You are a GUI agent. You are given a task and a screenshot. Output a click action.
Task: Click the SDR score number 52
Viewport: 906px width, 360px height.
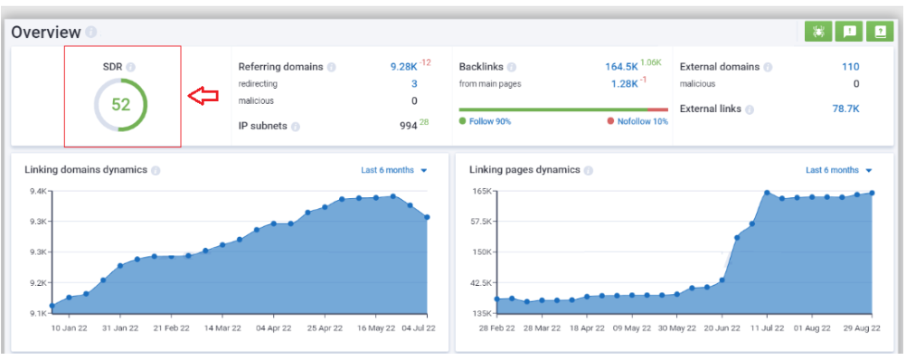(x=121, y=104)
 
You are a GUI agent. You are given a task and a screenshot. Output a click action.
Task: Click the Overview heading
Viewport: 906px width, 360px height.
(x=46, y=32)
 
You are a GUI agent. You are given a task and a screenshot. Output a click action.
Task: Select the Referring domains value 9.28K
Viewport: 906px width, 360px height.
(x=403, y=67)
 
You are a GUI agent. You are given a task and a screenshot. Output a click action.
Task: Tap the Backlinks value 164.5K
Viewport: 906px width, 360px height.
(x=620, y=67)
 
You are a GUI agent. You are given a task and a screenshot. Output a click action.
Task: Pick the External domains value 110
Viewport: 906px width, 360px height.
(x=849, y=67)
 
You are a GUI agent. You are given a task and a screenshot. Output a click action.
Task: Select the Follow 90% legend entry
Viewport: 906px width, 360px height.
(x=485, y=121)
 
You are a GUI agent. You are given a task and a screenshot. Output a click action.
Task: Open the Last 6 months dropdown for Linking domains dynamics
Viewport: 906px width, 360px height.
(x=393, y=170)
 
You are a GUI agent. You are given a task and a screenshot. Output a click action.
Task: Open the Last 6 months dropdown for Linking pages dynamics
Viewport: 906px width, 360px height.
(x=838, y=170)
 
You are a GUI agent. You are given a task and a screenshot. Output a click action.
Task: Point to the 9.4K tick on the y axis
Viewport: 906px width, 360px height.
(x=38, y=191)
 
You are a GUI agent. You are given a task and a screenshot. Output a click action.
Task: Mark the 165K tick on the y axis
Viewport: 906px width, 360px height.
(x=481, y=191)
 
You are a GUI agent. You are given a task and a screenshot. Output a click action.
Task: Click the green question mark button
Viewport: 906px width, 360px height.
(x=878, y=31)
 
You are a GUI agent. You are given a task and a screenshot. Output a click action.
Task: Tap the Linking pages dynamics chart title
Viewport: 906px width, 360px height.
(x=525, y=170)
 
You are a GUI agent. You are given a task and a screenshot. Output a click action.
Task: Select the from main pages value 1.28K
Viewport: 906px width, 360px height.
(x=623, y=84)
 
